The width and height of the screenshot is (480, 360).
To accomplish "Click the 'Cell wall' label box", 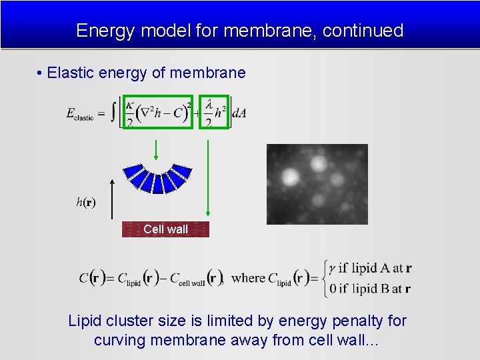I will (165, 229).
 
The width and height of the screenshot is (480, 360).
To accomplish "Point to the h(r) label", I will (85, 202).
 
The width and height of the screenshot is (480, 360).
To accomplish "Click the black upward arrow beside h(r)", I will (113, 200).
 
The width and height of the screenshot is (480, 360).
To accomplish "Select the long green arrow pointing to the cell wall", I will (209, 180).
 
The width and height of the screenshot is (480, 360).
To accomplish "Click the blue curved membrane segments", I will (158, 177).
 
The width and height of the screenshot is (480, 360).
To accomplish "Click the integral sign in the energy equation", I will (114, 111).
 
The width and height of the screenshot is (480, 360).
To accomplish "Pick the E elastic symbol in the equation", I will (81, 114).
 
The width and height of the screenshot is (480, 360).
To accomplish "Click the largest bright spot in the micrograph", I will (291, 177).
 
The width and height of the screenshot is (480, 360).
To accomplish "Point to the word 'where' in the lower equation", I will (248, 278).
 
